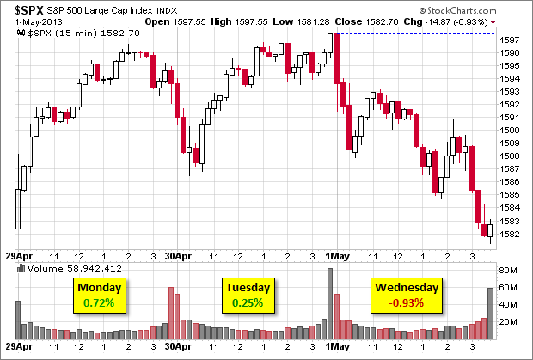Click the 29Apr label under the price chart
click(19, 257)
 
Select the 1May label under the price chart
click(338, 257)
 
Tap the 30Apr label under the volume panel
click(176, 350)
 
